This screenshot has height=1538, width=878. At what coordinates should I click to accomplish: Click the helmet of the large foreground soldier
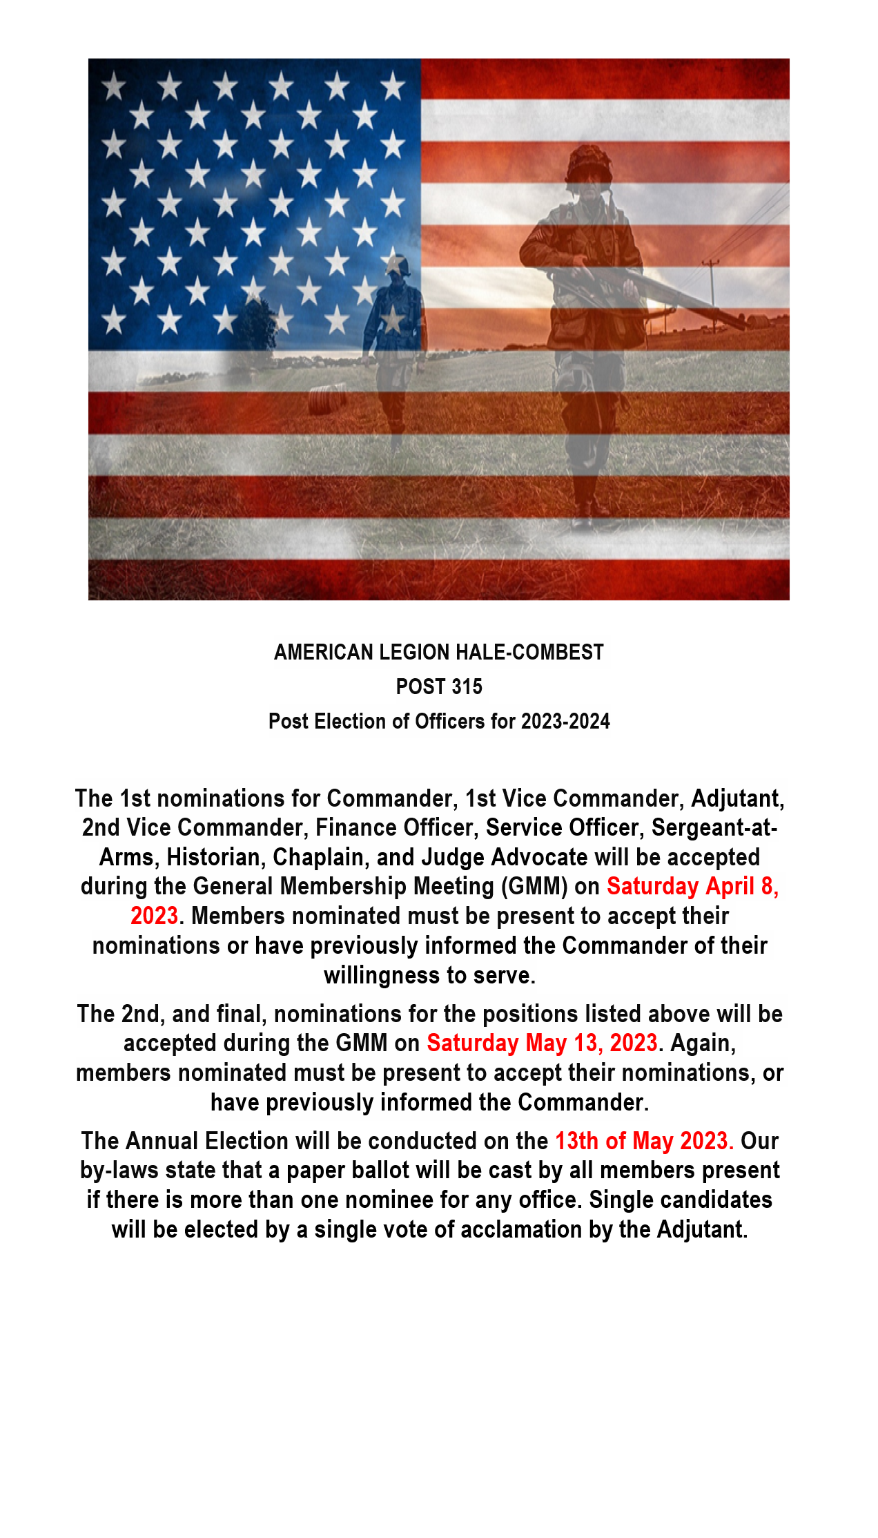click(588, 164)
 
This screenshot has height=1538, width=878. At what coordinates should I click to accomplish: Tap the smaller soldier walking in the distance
click(394, 345)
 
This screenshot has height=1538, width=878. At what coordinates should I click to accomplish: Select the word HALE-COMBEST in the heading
click(529, 652)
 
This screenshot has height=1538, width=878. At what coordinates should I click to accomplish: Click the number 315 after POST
click(467, 686)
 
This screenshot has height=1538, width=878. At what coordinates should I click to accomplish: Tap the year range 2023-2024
click(565, 721)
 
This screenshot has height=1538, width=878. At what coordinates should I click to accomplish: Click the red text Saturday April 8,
click(692, 886)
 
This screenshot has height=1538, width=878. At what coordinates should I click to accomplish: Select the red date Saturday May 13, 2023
click(542, 1043)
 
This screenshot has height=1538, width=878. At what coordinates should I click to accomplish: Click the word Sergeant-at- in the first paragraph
click(714, 827)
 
